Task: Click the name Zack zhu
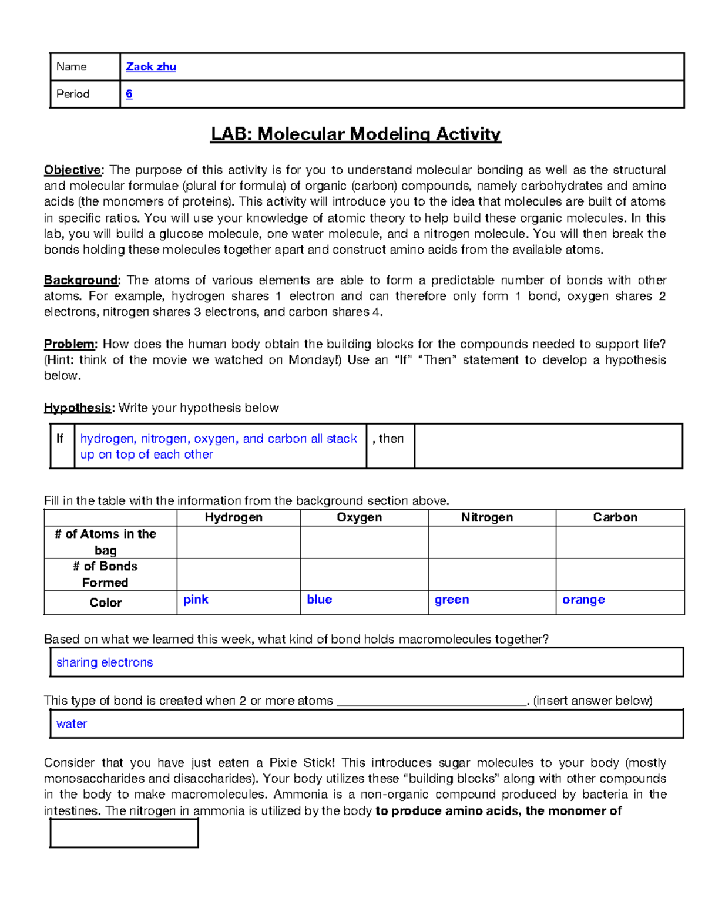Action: click(x=151, y=67)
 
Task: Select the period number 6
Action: click(x=129, y=94)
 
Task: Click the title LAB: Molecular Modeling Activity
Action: click(x=355, y=134)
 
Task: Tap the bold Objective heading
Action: click(x=73, y=170)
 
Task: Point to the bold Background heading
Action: click(x=82, y=280)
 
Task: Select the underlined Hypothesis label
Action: click(x=78, y=408)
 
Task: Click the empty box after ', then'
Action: click(x=548, y=446)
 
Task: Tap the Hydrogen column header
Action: click(x=233, y=517)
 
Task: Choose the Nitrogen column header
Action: click(x=486, y=517)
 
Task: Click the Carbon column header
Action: click(x=615, y=517)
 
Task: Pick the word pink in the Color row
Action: click(x=196, y=600)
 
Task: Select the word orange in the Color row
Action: click(x=583, y=600)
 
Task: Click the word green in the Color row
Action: click(x=451, y=600)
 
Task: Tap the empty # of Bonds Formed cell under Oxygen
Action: click(x=364, y=574)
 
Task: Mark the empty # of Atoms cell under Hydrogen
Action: click(x=238, y=542)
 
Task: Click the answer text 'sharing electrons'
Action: click(x=105, y=662)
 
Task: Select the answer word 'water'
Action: click(x=72, y=724)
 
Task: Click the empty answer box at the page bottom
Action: click(x=124, y=833)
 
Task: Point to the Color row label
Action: click(x=106, y=603)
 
